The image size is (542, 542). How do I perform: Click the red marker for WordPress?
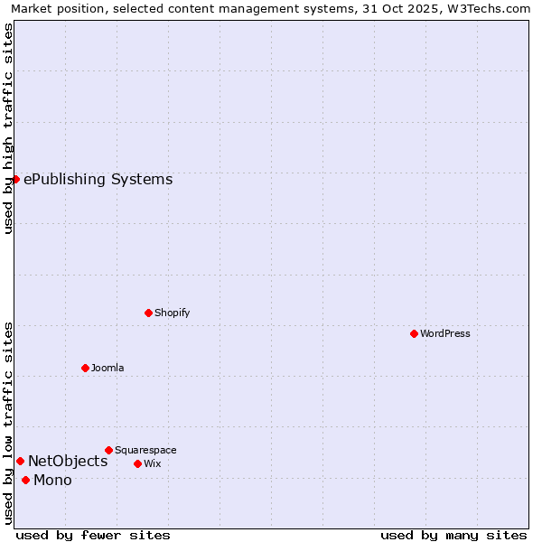coord(414,333)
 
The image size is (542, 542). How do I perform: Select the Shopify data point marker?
coord(148,313)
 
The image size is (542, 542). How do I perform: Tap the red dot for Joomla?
coord(85,368)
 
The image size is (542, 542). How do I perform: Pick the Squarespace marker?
coord(108,450)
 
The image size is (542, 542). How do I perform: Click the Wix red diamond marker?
coord(137,463)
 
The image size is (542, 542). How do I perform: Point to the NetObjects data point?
coord(20,462)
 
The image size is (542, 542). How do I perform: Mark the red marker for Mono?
coord(25,480)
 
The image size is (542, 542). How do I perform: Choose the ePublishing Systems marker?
coord(15,179)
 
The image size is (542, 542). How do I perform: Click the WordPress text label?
coord(445,333)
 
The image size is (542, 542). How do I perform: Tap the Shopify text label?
coord(173,313)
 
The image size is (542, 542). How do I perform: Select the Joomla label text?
coord(107,368)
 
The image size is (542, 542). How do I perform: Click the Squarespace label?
coord(145,450)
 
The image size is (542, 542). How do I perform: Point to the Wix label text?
coord(153,463)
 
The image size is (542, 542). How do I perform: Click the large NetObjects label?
coord(68,462)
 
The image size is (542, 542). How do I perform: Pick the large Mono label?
coord(52,480)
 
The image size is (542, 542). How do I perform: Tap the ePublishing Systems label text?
coord(98,179)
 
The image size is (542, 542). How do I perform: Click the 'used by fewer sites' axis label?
coord(93,535)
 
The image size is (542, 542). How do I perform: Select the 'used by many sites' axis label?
coord(453,535)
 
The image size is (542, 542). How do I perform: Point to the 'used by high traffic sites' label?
coord(8,128)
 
